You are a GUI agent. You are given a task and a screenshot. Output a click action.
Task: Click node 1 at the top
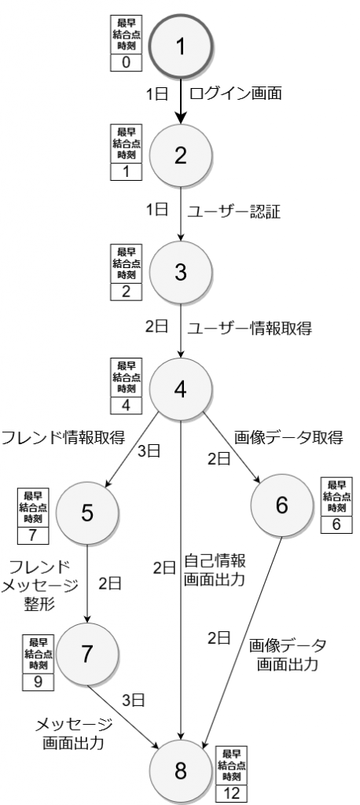pyautogui.click(x=180, y=46)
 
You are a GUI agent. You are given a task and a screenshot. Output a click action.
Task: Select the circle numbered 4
pyautogui.click(x=180, y=390)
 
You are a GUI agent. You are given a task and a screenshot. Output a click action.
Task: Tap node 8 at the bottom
pyautogui.click(x=180, y=771)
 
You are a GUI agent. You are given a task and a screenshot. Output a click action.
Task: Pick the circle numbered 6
pyautogui.click(x=281, y=505)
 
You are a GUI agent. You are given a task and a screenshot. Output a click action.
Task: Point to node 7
pyautogui.click(x=87, y=653)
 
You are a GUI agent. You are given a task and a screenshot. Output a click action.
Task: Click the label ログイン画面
pyautogui.click(x=235, y=94)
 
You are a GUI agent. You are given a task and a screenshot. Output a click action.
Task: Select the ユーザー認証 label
pyautogui.click(x=233, y=212)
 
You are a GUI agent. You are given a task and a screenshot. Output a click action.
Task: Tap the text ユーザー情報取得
pyautogui.click(x=249, y=329)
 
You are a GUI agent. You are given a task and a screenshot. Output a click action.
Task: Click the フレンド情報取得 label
pyautogui.click(x=63, y=438)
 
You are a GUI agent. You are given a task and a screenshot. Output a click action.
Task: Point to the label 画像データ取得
pyautogui.click(x=288, y=438)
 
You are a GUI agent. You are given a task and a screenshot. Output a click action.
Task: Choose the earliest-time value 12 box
pyautogui.click(x=231, y=793)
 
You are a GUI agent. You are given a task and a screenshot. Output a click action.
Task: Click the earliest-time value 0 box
pyautogui.click(x=127, y=63)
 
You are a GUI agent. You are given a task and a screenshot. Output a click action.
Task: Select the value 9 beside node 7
pyautogui.click(x=38, y=682)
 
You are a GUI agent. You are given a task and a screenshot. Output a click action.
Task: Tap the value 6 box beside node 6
pyautogui.click(x=336, y=524)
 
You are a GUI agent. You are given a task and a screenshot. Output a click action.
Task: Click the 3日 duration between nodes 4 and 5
pyautogui.click(x=149, y=451)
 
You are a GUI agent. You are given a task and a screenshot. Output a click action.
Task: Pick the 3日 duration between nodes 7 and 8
pyautogui.click(x=133, y=700)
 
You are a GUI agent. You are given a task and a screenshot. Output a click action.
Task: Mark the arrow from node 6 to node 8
pyautogui.click(x=244, y=638)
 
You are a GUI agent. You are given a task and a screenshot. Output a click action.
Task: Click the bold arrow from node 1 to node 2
pyautogui.click(x=180, y=101)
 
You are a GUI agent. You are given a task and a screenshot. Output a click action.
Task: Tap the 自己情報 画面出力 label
pyautogui.click(x=214, y=569)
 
